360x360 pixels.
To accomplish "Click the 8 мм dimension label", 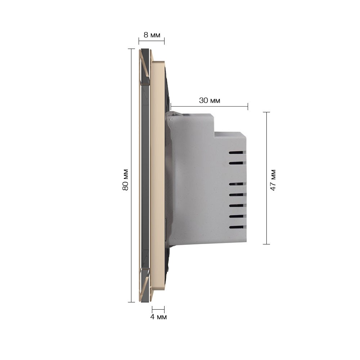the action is [x=152, y=35].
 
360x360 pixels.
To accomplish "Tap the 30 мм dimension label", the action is [x=210, y=100].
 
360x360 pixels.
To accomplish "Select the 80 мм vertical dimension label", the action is [x=125, y=180].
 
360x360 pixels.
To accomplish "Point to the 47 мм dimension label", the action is [x=273, y=180].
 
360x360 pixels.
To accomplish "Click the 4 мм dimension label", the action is [x=158, y=317].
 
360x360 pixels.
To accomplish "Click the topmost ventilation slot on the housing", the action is [x=236, y=152].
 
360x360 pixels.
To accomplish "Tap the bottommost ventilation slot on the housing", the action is [x=236, y=227].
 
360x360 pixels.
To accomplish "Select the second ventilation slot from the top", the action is [x=236, y=163].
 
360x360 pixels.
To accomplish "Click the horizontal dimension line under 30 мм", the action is [x=209, y=106].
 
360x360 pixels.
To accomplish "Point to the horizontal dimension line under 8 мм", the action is [x=152, y=41].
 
